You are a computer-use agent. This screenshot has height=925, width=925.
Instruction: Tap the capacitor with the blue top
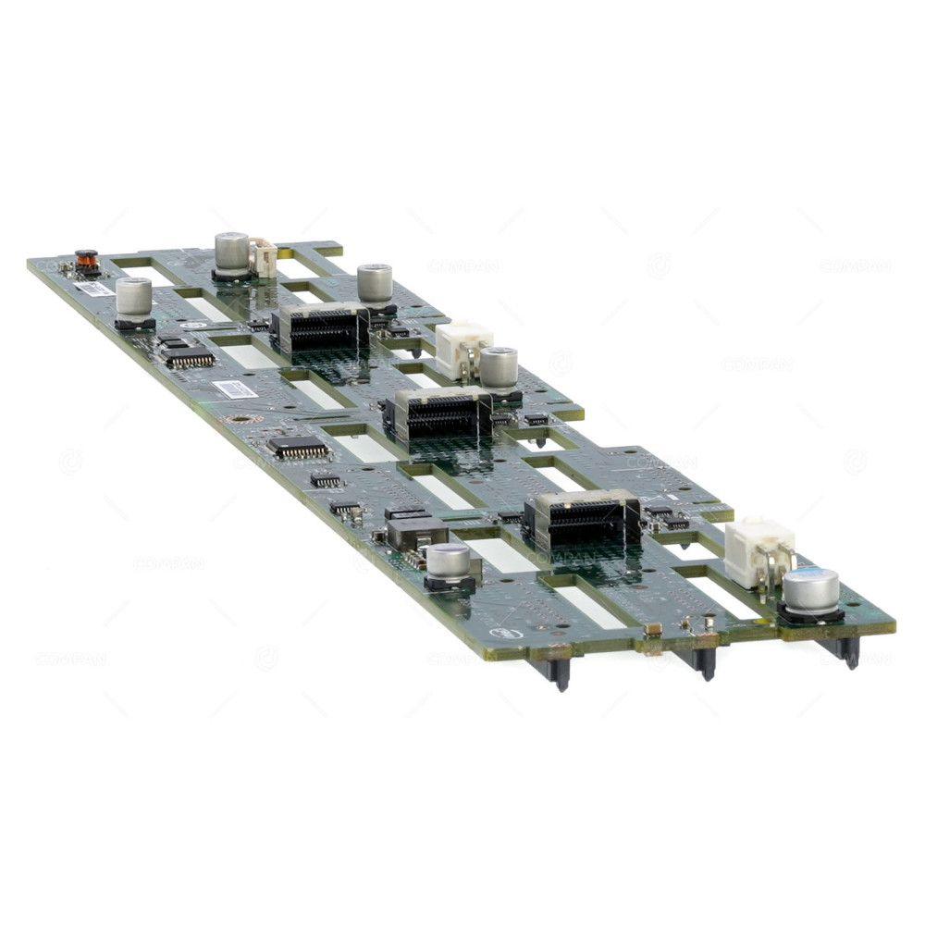[x=811, y=590]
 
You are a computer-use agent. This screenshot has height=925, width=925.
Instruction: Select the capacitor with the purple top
[x=450, y=561]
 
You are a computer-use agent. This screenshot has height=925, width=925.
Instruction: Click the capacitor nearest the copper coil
[x=134, y=298]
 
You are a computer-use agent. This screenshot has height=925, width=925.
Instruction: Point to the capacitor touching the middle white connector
[x=499, y=366]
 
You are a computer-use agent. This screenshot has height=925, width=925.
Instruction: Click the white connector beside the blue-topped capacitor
[x=759, y=552]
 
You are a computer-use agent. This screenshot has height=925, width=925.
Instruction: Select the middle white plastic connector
[x=462, y=347]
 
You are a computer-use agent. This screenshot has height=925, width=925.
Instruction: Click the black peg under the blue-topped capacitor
[x=848, y=649]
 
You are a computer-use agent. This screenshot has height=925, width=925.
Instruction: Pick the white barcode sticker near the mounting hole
[x=234, y=388]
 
